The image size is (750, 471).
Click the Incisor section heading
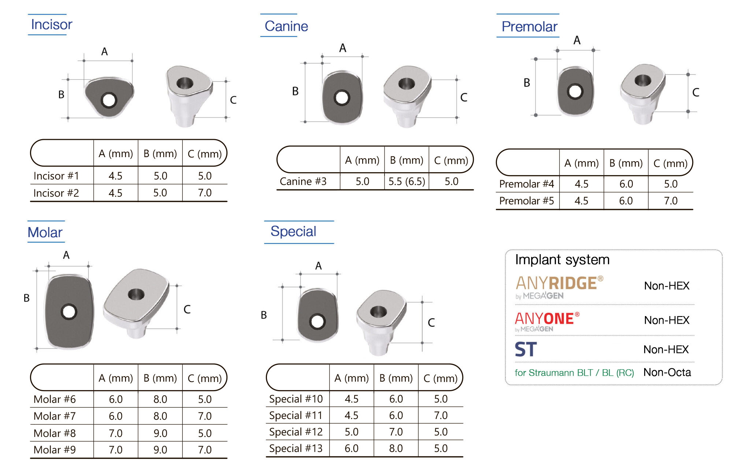pos(52,25)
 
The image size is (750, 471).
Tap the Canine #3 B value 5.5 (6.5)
pos(406,182)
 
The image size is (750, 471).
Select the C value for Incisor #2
pos(205,193)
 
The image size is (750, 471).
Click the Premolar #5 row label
pos(526,201)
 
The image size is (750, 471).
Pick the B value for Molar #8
pos(160,433)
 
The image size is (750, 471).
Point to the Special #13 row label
pos(296,448)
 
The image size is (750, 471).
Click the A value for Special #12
pos(352,432)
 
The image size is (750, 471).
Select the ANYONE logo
pos(547,322)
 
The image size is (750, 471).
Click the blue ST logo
pos(526,349)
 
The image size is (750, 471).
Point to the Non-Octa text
pos(667,372)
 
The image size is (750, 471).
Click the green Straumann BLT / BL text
pos(574,373)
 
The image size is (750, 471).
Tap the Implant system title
pos(562,260)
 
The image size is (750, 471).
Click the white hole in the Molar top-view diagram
pos(68,312)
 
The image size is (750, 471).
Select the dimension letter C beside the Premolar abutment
pos(695,92)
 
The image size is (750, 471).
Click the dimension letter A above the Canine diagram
pos(342,48)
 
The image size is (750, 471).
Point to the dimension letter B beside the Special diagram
pos(264,315)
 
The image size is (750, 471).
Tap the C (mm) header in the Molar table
pos(205,378)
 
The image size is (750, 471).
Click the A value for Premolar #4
pos(582,184)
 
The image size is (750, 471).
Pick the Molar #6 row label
pos(55,399)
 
